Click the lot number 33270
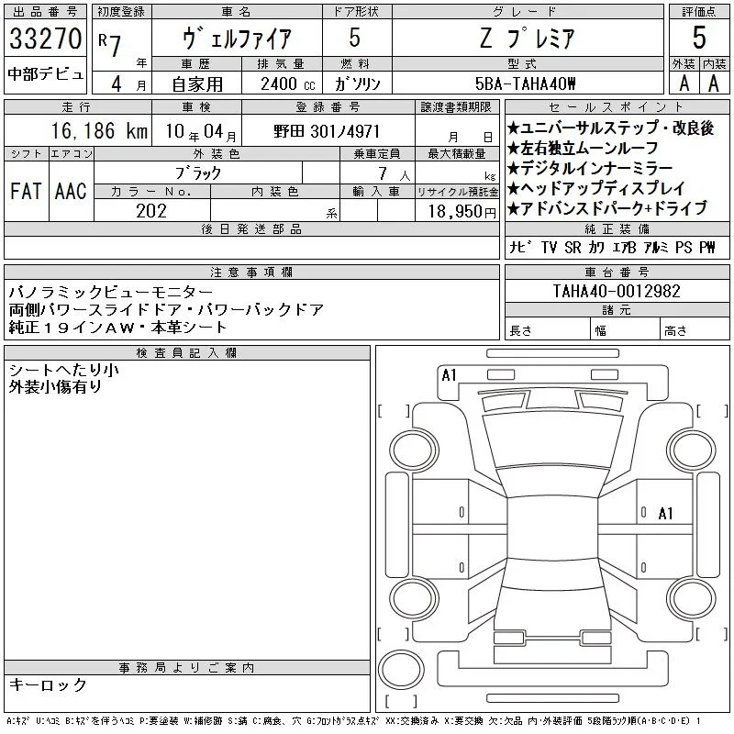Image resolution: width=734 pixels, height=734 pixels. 45,39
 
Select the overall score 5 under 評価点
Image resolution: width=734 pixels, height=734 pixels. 699,38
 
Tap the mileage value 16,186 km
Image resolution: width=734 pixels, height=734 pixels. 99,130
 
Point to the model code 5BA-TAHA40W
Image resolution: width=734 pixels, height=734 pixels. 525,83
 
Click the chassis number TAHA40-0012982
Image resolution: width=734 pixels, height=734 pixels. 617,291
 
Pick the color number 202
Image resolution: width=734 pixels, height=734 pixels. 151,211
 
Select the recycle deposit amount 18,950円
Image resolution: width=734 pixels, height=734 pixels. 462,212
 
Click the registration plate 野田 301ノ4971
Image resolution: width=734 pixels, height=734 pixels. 327,131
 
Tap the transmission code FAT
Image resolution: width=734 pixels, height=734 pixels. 26,191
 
